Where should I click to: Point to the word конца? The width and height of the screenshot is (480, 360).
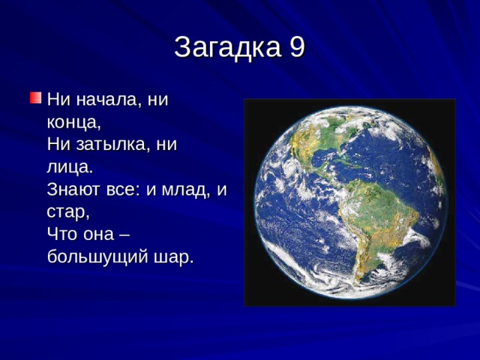click(72, 121)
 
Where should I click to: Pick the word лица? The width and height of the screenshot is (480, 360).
click(68, 166)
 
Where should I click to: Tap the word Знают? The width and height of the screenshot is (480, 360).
click(74, 189)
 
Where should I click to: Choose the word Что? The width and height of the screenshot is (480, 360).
click(61, 234)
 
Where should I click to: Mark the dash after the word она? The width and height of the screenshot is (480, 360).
click(124, 234)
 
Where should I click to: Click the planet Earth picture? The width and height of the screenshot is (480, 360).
click(349, 202)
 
